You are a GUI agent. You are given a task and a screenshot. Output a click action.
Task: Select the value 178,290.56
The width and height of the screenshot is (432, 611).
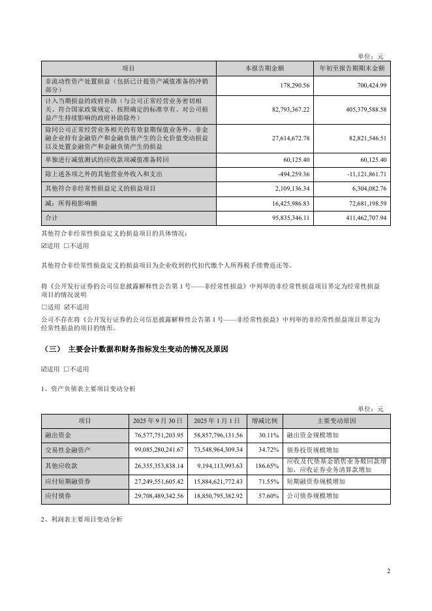293,85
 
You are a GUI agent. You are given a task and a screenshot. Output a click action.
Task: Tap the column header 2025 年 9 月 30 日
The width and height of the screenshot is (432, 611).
159,420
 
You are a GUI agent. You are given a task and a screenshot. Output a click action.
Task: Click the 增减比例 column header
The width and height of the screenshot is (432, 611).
264,420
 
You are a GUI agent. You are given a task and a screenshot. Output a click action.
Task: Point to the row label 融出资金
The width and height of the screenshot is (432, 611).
57,435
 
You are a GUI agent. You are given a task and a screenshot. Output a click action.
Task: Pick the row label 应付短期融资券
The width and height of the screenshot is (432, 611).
67,481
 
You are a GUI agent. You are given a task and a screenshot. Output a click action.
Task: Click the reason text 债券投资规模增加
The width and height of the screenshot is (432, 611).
313,450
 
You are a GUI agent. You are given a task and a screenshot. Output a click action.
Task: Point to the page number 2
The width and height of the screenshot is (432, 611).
388,572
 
